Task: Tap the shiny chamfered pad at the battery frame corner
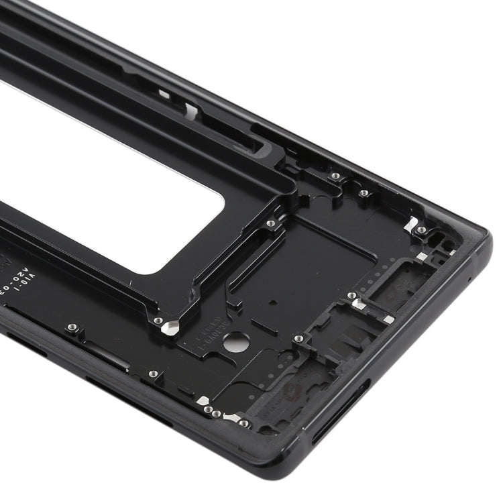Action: (x=171, y=328)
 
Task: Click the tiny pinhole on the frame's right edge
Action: (x=468, y=278)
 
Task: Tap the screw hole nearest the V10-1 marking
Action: (x=72, y=327)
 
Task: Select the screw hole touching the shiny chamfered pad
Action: (x=158, y=321)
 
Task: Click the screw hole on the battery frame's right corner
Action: (x=271, y=223)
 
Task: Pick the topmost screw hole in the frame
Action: (x=335, y=176)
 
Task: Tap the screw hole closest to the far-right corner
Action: (x=421, y=230)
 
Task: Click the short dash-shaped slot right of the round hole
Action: (x=264, y=329)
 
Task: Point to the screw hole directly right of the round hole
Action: (x=298, y=339)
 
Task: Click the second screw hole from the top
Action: (x=363, y=193)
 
